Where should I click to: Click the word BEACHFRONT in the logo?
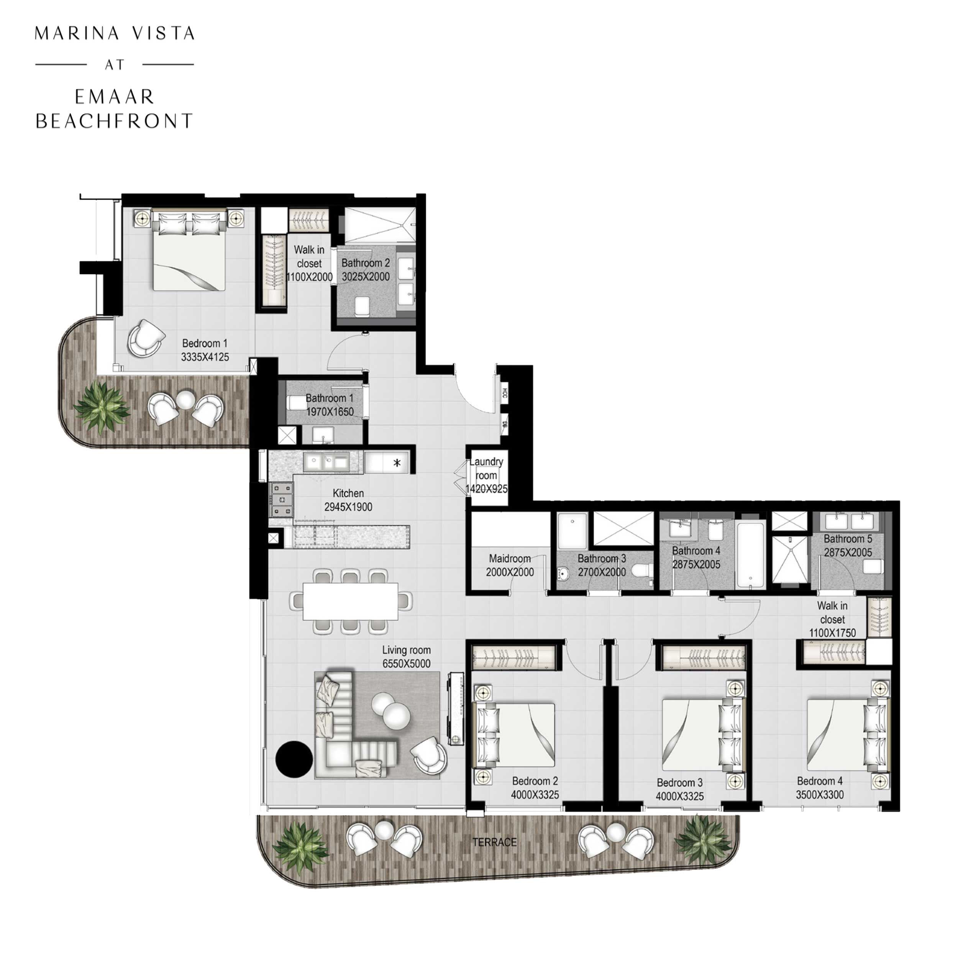tap(114, 121)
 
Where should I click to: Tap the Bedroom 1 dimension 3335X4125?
tap(205, 357)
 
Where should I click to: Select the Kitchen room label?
tap(348, 494)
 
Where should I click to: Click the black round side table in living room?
tap(294, 759)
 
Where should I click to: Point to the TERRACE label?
tap(494, 842)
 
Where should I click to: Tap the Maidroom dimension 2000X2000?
tap(510, 572)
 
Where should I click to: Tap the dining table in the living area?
tap(350, 601)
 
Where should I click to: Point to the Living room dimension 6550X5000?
tap(406, 664)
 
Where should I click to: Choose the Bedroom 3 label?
tap(679, 782)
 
